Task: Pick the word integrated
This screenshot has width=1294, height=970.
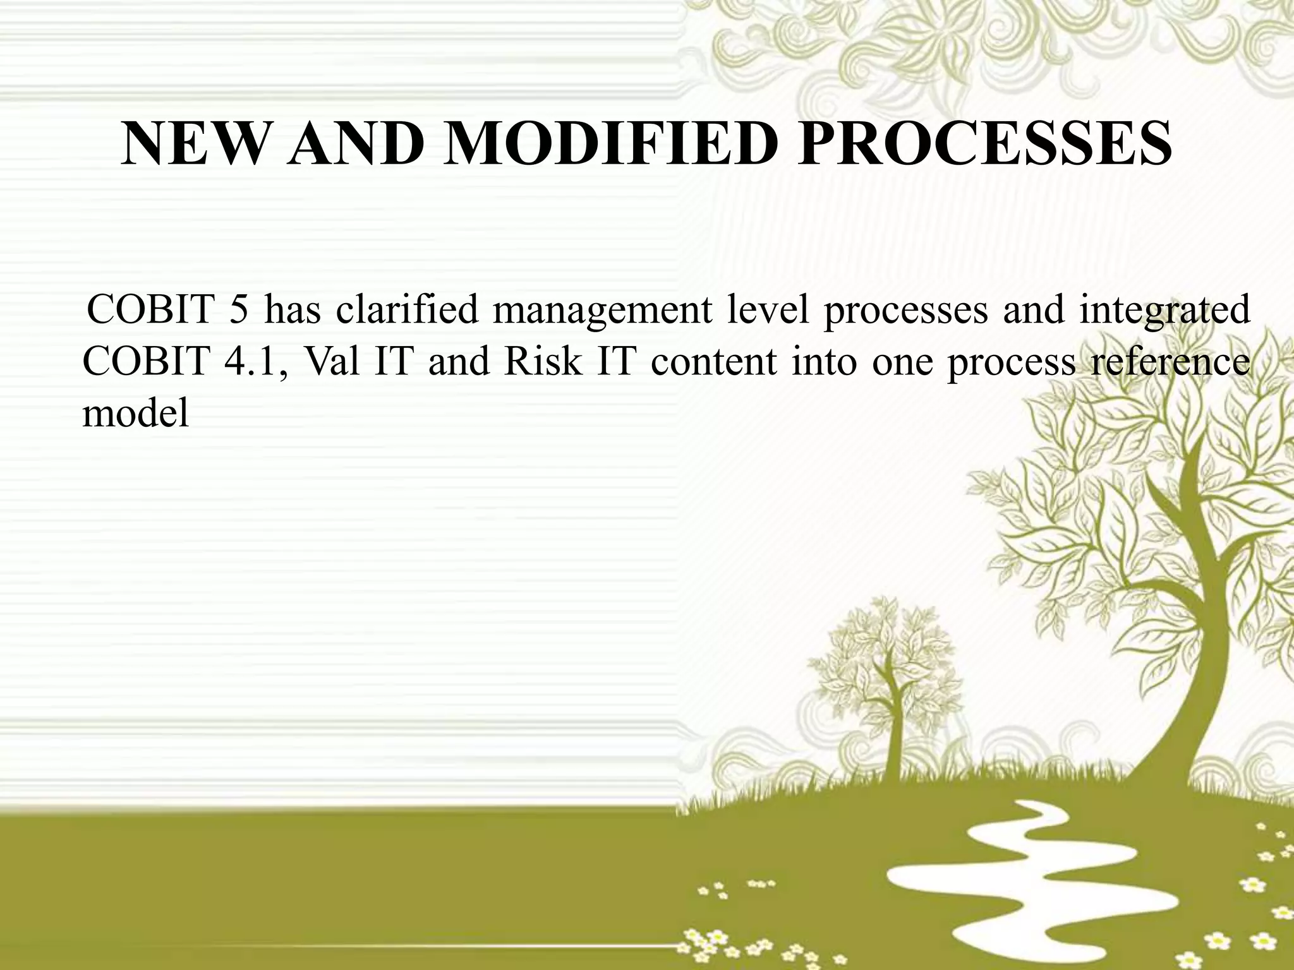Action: click(x=1164, y=313)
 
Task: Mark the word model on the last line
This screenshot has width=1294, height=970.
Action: click(x=135, y=414)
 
